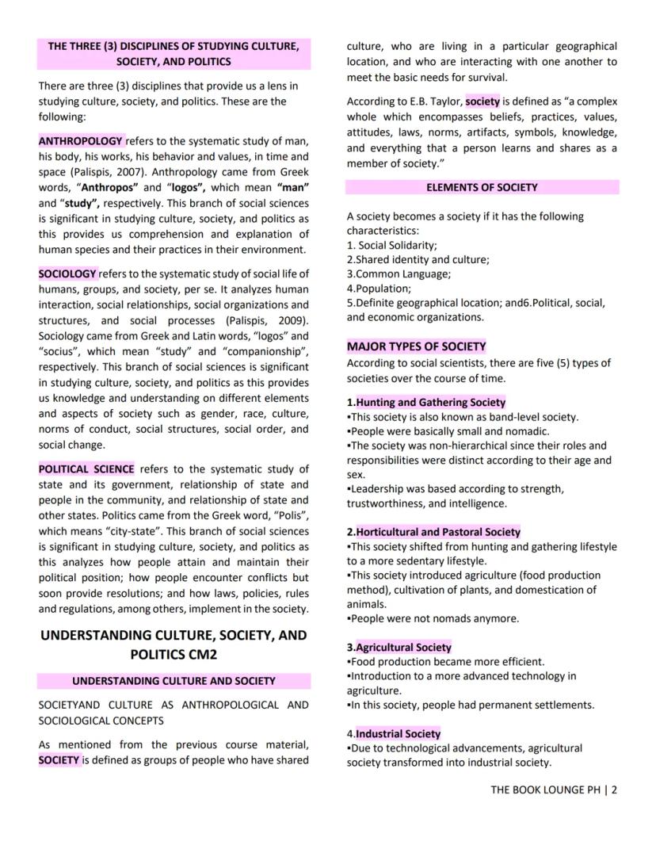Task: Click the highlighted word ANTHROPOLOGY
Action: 81,141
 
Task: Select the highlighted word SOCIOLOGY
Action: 67,273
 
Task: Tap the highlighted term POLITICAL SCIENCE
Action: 86,468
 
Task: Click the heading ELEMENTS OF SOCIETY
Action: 482,188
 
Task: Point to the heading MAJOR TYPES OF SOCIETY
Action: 416,346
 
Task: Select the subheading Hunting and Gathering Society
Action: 430,402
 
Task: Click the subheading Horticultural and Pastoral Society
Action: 438,532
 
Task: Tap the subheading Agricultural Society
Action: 403,647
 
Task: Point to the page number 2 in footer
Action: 614,790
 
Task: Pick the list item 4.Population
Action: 379,289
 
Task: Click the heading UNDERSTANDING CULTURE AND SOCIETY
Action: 174,681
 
